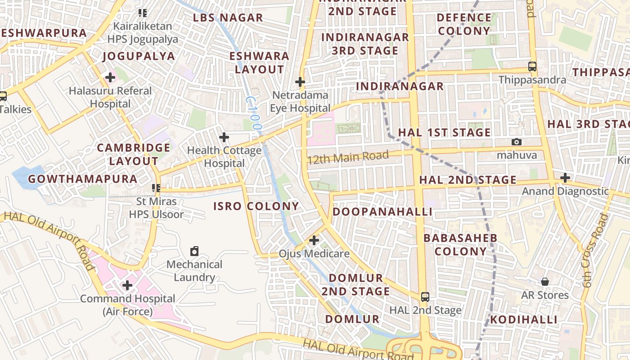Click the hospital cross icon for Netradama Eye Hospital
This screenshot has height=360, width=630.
click(x=300, y=82)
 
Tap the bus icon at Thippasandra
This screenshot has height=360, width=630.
click(x=532, y=67)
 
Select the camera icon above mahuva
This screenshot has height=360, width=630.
click(x=517, y=142)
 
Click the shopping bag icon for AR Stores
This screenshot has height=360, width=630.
click(x=545, y=282)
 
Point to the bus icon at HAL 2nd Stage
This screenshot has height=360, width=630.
click(x=425, y=297)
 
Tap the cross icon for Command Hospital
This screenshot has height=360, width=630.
click(x=127, y=285)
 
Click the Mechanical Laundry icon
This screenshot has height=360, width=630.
click(x=194, y=251)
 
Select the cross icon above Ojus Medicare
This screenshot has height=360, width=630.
click(x=314, y=240)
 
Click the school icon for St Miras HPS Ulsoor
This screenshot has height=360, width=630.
click(x=156, y=188)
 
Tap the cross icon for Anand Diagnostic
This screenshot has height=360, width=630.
click(x=565, y=178)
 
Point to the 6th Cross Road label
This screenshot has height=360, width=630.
click(x=595, y=251)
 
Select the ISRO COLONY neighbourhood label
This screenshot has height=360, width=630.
click(x=256, y=207)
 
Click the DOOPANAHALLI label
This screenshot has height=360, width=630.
click(x=382, y=211)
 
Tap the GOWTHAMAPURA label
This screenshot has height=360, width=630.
click(x=83, y=179)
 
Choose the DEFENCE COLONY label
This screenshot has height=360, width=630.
click(x=464, y=24)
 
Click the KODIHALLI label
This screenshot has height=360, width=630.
click(x=523, y=320)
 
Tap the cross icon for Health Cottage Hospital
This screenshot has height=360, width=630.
click(x=224, y=137)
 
